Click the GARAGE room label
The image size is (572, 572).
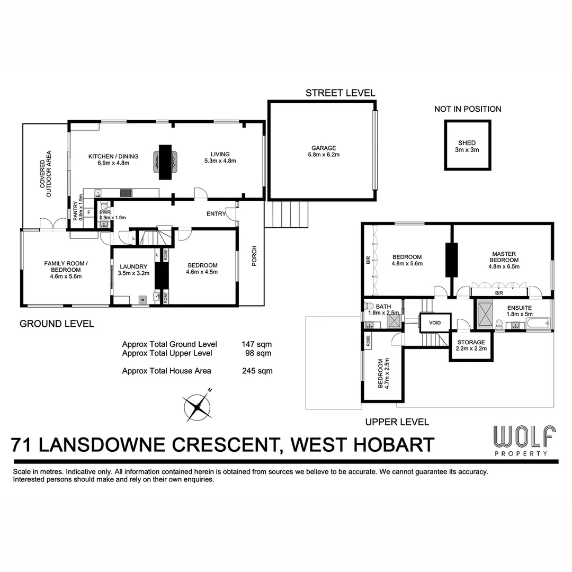323,151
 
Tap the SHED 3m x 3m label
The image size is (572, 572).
467,146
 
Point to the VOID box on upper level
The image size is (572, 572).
435,322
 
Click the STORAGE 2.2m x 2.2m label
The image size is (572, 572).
470,346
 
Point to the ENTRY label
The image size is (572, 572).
216,214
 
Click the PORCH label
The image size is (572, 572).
254,256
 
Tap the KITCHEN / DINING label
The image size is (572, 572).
113,159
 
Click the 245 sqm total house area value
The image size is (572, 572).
257,371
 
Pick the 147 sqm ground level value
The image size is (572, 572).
257,344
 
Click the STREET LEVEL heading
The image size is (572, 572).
340,93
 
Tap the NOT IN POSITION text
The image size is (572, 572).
468,109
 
